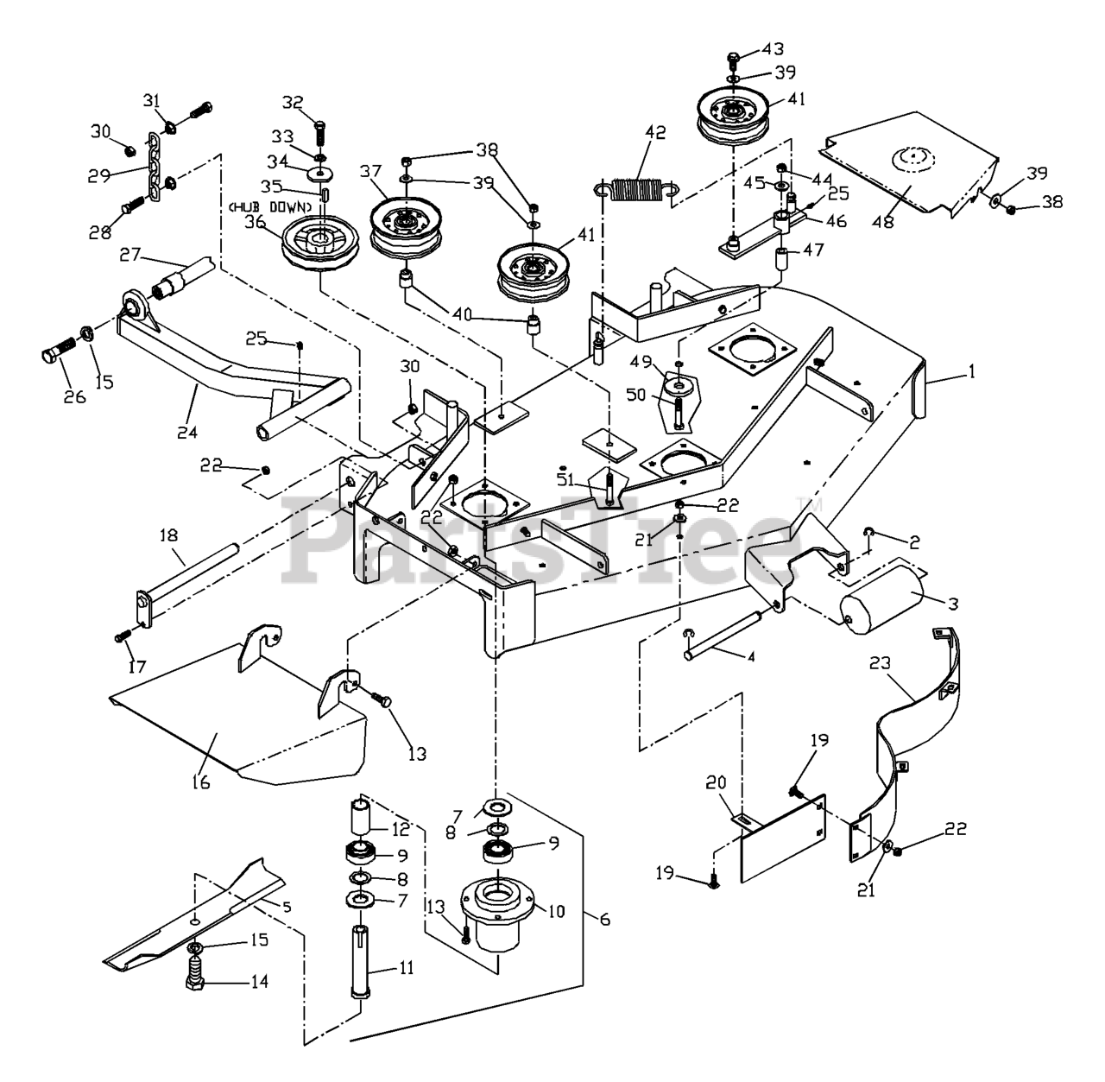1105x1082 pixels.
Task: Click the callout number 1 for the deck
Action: coord(971,373)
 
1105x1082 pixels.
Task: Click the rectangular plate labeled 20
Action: coord(781,836)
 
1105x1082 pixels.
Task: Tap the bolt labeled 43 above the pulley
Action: coord(733,60)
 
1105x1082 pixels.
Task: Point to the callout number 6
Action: coord(603,921)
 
